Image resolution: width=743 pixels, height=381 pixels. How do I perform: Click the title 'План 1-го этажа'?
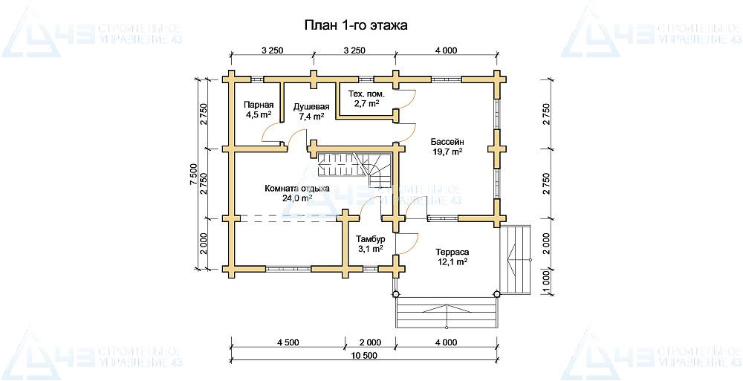point(355,25)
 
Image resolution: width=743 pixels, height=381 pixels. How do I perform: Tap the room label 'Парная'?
point(259,105)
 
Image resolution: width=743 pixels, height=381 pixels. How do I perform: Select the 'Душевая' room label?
point(311,106)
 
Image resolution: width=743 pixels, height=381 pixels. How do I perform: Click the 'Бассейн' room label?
point(447,142)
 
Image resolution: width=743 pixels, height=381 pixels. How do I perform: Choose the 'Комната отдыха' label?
point(297,189)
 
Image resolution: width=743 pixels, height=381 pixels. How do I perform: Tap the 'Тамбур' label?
point(370,239)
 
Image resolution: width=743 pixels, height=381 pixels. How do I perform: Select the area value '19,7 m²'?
point(447,152)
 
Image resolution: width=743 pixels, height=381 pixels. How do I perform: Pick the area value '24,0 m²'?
point(297,198)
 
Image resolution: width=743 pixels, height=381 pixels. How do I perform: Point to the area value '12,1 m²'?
point(453,261)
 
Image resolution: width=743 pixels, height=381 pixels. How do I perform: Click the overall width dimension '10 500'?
point(365,356)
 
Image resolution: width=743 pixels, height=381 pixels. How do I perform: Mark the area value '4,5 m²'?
point(259,114)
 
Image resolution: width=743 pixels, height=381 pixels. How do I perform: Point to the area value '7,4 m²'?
point(311,116)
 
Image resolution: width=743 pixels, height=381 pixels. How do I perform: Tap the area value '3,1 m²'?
point(370,249)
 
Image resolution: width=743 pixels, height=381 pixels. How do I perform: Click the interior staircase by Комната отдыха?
point(355,169)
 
